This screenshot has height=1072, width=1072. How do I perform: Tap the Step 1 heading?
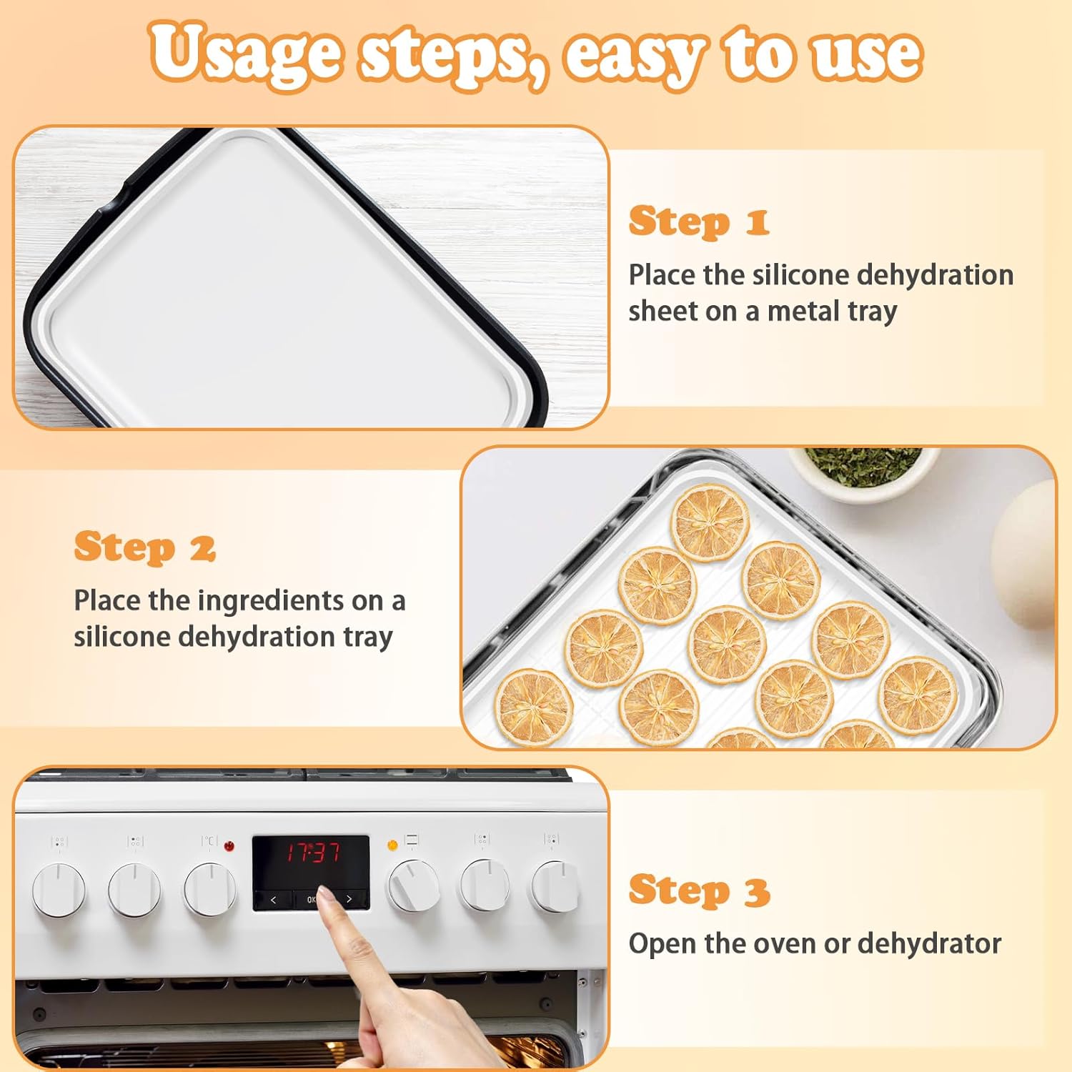tap(698, 222)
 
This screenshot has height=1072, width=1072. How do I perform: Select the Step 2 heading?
tap(144, 548)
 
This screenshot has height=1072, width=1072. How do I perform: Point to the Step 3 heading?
tap(698, 891)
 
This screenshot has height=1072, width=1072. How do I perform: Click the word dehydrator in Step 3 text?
tap(928, 943)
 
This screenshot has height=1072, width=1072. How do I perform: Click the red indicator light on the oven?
tap(229, 846)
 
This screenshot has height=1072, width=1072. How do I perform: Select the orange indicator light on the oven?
tap(392, 845)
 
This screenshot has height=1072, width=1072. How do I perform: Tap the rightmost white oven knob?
tap(555, 887)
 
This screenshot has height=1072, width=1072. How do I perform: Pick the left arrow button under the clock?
tap(273, 900)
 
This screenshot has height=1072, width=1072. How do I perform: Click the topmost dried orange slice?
tap(710, 522)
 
